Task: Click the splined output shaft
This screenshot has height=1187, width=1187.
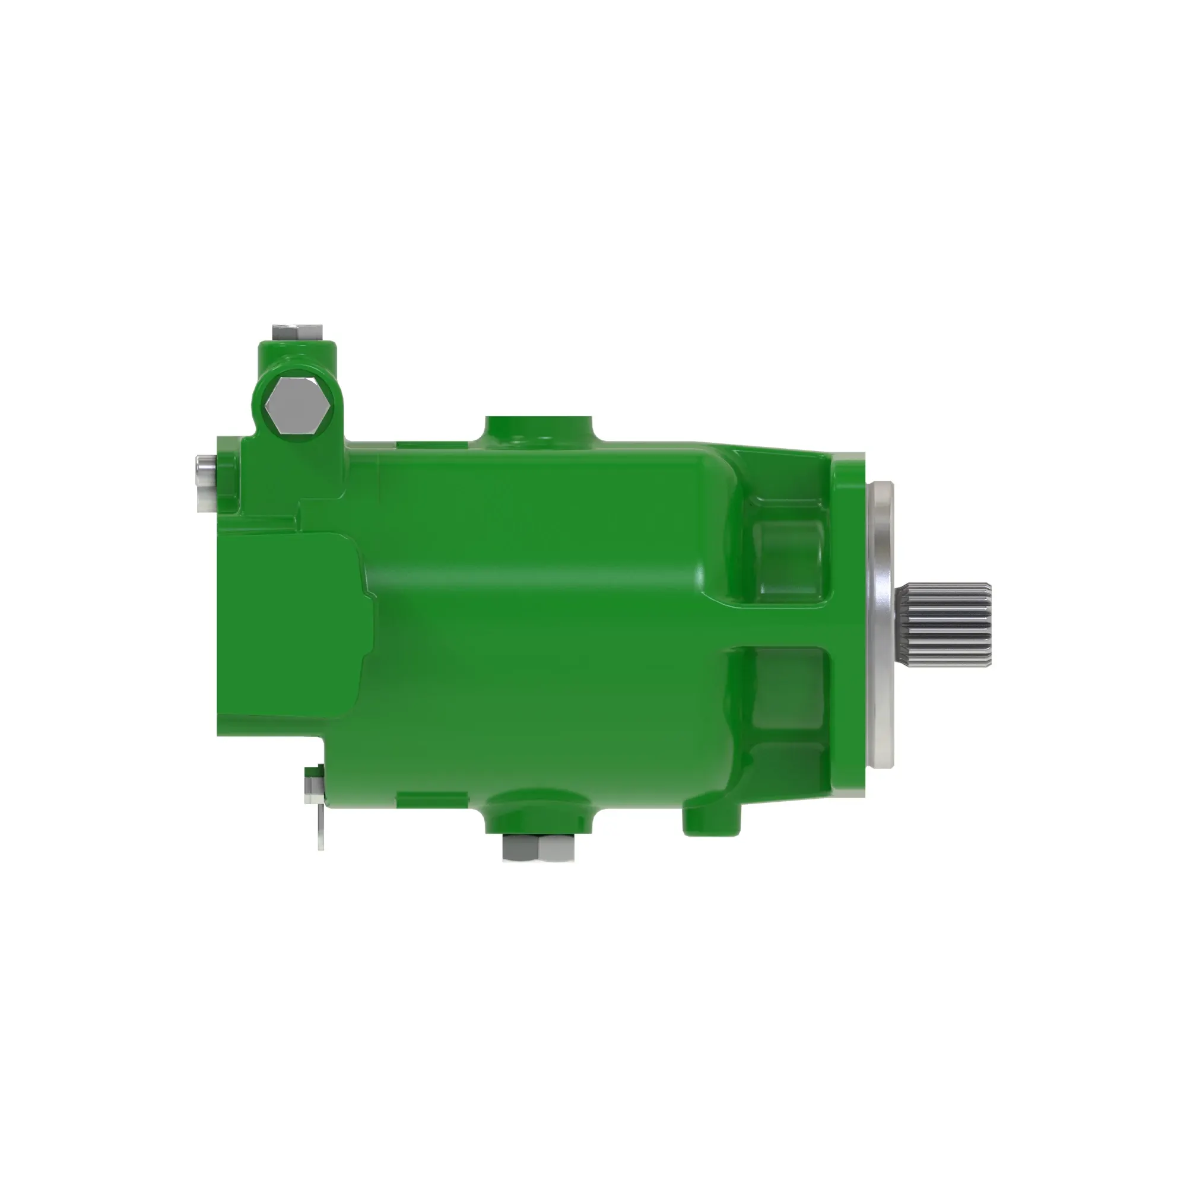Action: click(x=943, y=624)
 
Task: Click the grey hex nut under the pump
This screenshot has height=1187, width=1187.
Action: click(x=538, y=848)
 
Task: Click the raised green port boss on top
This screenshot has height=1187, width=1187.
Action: click(x=539, y=429)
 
